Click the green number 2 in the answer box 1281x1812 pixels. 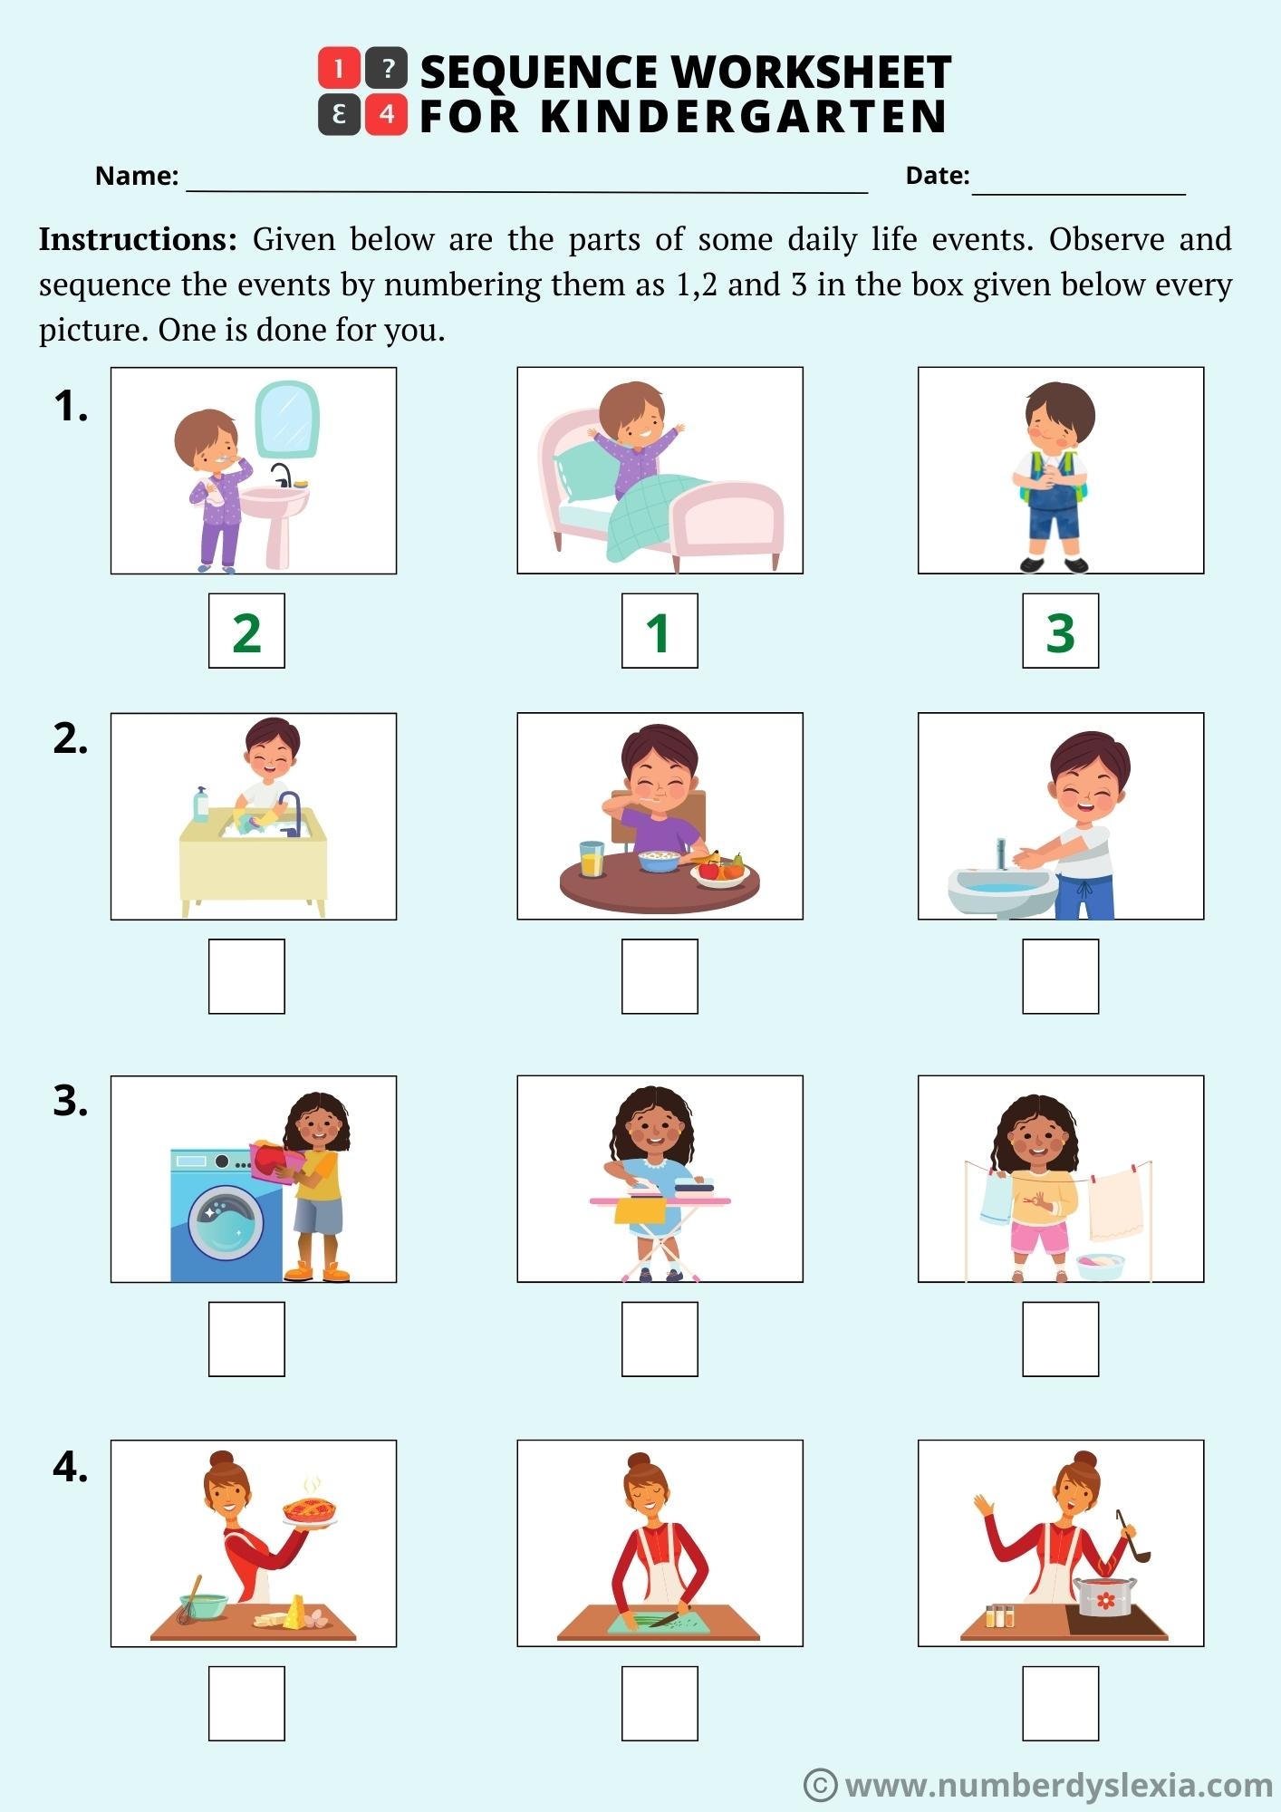[x=246, y=632]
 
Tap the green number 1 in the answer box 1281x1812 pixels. [x=659, y=632]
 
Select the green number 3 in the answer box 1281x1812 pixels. [x=1060, y=632]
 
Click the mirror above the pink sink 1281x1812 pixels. [x=286, y=419]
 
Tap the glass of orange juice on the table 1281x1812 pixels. [x=592, y=859]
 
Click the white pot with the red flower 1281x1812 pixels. [x=1104, y=1597]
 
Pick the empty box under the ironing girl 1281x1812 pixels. [x=660, y=1339]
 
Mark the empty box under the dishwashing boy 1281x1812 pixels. [x=246, y=977]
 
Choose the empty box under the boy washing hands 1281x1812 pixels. [x=1060, y=977]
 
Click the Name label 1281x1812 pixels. [x=137, y=176]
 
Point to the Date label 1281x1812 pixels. [x=937, y=176]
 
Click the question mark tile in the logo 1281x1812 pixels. [x=387, y=68]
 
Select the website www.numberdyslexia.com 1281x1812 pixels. [x=1058, y=1785]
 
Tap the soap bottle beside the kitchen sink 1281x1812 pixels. [x=201, y=805]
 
